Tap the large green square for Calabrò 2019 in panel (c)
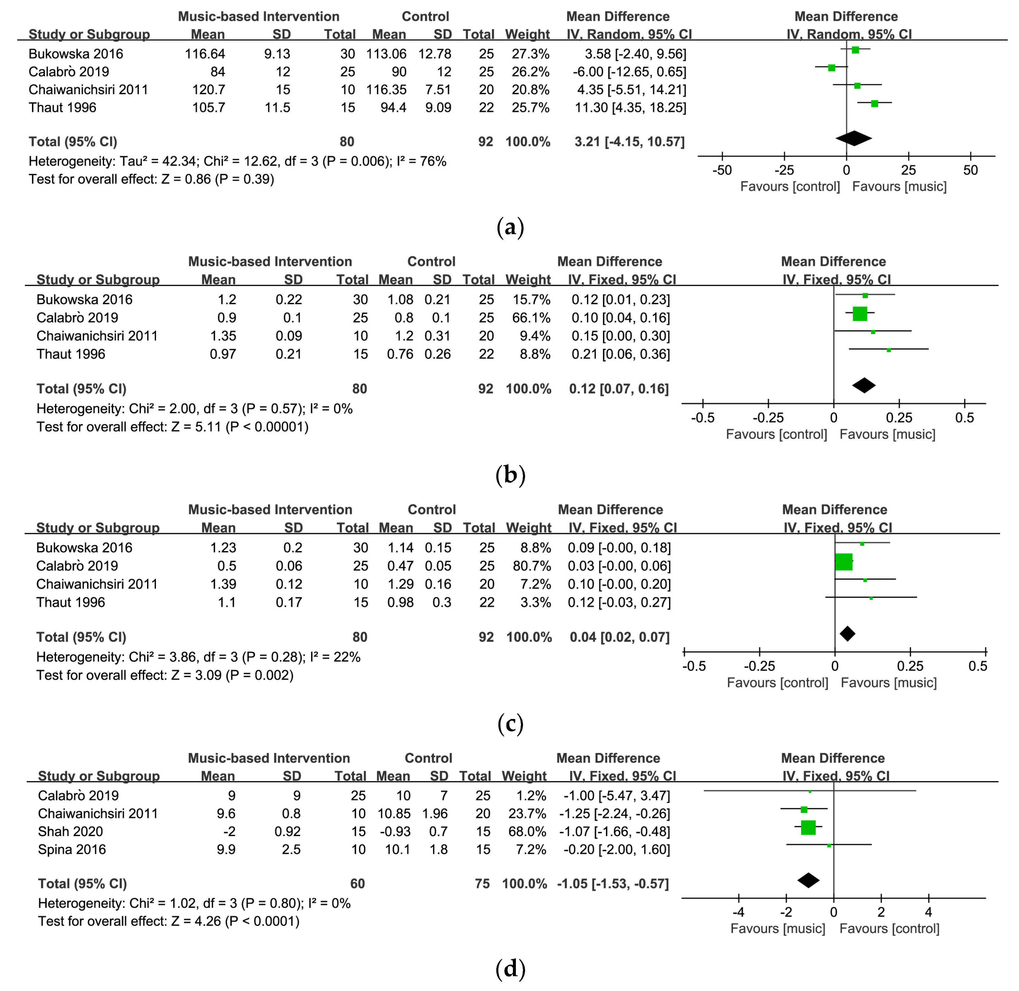coord(843,562)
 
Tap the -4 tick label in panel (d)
coord(738,912)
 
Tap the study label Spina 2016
coord(72,849)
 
